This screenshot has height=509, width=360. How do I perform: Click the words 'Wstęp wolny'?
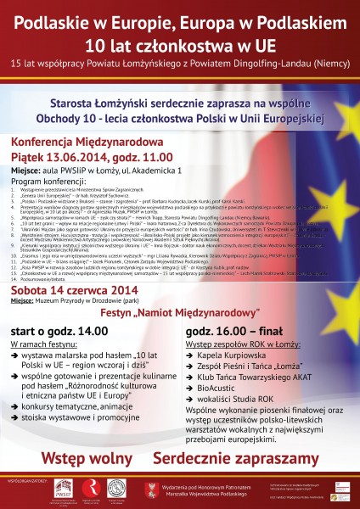coord(85,457)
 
